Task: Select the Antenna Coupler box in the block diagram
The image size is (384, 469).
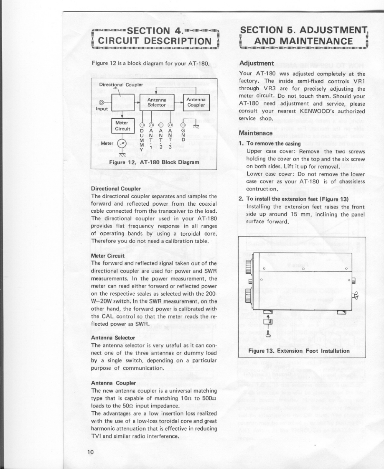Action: pyautogui.click(x=196, y=102)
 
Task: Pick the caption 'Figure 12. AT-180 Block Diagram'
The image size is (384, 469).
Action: pyautogui.click(x=153, y=162)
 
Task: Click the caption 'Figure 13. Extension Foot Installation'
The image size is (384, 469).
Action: pyautogui.click(x=299, y=350)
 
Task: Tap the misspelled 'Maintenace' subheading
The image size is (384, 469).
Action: pyautogui.click(x=256, y=133)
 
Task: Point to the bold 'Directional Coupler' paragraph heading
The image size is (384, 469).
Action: pyautogui.click(x=116, y=189)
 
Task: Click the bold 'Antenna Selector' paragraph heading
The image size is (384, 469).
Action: pyautogui.click(x=113, y=337)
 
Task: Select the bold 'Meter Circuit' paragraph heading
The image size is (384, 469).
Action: pyautogui.click(x=108, y=255)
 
